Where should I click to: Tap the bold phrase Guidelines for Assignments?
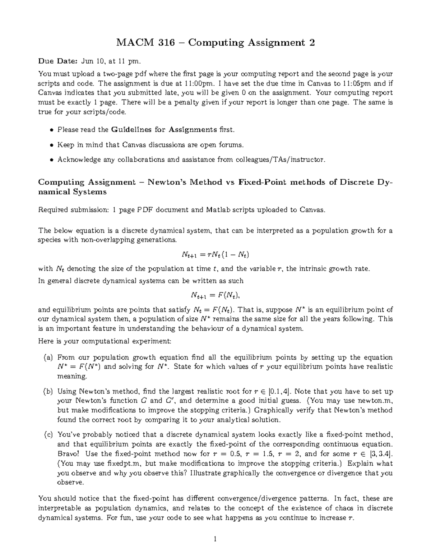(x=164, y=129)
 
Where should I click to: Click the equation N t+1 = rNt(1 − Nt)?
(x=215, y=255)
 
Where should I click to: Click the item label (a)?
(x=48, y=358)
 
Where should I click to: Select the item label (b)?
(x=48, y=391)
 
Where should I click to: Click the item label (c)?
(x=48, y=435)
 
